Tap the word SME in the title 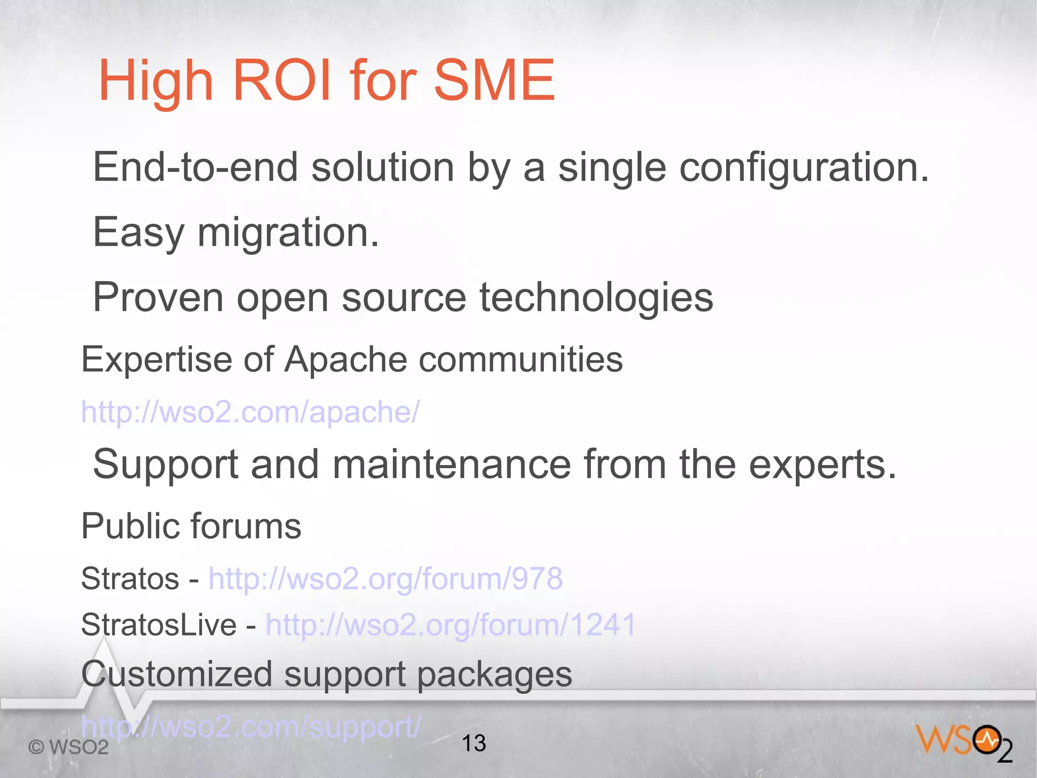(494, 80)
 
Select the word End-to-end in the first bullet (195, 167)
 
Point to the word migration (288, 233)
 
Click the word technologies (596, 299)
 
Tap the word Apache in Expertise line (345, 360)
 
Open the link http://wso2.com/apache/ (251, 412)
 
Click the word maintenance (451, 464)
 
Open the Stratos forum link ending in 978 (385, 578)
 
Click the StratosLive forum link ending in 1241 (450, 624)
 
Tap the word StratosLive (158, 624)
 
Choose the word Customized (177, 675)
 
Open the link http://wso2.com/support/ (251, 727)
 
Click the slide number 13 (474, 744)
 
